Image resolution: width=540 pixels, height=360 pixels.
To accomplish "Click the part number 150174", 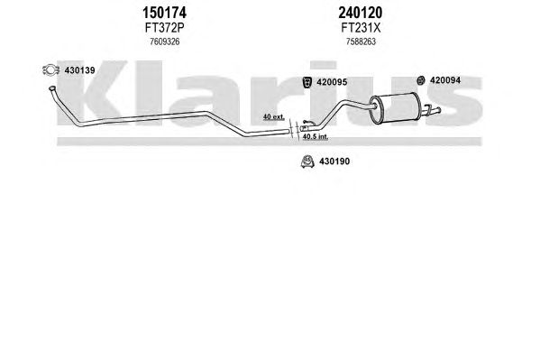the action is pos(164,14).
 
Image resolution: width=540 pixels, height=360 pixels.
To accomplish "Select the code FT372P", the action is pos(165,28).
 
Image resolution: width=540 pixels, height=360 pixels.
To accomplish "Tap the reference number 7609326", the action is pos(165,42).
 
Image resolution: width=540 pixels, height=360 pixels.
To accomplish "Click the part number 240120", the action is pos(361,14).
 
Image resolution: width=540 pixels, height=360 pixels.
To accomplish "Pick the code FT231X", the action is pos(361,28).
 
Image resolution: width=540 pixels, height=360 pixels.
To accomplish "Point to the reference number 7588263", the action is pos(361,42).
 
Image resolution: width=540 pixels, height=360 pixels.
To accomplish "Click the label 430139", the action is pos(79,70).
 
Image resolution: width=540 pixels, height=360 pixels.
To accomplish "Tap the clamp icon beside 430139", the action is pos(50,70).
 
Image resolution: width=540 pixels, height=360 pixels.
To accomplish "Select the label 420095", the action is pos(332,82).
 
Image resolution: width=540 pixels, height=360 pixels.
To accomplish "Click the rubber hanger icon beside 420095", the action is pos(307,82).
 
